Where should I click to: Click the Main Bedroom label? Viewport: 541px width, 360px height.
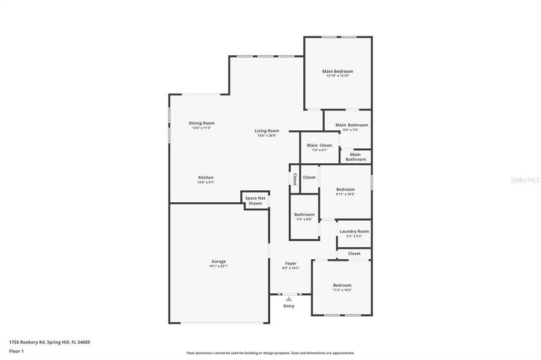click(x=339, y=71)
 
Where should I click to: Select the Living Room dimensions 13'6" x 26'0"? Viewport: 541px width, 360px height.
click(x=267, y=136)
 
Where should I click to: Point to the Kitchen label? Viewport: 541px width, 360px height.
click(x=206, y=178)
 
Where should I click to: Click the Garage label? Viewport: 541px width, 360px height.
click(x=219, y=261)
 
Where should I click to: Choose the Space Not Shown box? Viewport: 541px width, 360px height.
click(x=255, y=200)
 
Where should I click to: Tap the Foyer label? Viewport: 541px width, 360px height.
click(x=291, y=263)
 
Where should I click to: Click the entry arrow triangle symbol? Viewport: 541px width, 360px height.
click(x=289, y=298)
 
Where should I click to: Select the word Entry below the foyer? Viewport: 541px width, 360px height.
click(x=289, y=306)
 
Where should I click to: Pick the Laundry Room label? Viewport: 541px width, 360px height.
click(x=354, y=232)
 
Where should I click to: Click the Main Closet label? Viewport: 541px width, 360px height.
click(x=319, y=145)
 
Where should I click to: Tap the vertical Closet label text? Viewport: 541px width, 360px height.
click(x=294, y=179)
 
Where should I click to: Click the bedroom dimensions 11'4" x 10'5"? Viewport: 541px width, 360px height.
click(x=342, y=290)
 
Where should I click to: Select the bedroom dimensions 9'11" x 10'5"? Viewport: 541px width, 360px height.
click(x=345, y=194)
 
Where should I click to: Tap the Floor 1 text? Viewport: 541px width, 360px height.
click(x=17, y=350)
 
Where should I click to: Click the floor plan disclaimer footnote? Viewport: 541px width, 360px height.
click(x=270, y=353)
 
